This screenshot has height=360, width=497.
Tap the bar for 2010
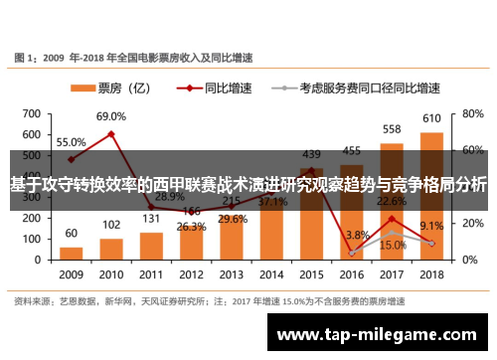tap(111, 248)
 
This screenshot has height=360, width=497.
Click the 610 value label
tap(432, 119)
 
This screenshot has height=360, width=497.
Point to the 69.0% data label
tap(111, 116)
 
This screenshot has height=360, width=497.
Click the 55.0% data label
tap(71, 142)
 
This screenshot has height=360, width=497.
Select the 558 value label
tap(392, 129)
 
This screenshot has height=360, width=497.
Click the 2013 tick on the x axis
tap(232, 273)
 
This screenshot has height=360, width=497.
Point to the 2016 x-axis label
tap(352, 273)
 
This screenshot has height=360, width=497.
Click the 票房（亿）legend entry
tap(111, 87)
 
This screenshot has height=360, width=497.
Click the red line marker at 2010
tap(111, 133)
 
